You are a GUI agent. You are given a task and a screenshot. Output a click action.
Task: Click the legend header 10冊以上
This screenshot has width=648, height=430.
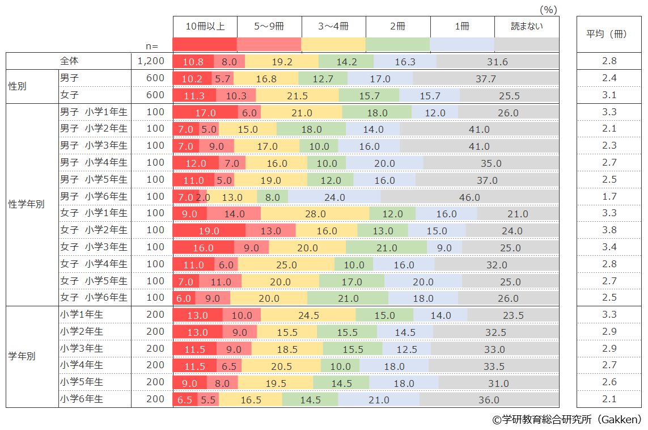tap(205, 27)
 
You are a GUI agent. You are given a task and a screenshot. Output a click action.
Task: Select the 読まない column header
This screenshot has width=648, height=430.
tap(527, 27)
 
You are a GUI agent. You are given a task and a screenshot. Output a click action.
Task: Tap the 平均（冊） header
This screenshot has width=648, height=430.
tap(606, 34)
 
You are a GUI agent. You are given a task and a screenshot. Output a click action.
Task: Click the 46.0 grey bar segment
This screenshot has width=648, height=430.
tap(469, 197)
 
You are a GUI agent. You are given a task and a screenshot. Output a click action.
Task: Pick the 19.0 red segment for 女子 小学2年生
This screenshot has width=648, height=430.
tap(209, 231)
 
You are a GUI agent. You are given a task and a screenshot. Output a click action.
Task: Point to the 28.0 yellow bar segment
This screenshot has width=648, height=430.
tap(315, 214)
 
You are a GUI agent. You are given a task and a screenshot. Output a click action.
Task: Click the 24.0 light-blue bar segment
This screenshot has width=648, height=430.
tap(334, 197)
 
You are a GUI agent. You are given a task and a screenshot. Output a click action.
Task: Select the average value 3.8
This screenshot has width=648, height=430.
tap(609, 230)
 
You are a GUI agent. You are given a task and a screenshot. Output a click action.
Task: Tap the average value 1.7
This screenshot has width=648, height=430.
tap(609, 197)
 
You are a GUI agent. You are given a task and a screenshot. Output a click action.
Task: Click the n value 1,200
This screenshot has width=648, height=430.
tap(151, 61)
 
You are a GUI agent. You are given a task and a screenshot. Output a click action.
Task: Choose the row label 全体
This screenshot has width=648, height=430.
tap(70, 61)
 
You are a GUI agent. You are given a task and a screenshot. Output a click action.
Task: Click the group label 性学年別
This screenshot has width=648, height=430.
tap(26, 205)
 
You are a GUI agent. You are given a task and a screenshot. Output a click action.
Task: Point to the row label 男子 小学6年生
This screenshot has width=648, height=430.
tap(94, 197)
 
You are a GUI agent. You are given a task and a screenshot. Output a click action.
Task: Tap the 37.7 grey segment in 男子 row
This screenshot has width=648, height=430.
tap(485, 79)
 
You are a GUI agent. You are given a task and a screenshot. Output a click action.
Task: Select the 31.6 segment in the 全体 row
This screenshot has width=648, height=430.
tap(497, 62)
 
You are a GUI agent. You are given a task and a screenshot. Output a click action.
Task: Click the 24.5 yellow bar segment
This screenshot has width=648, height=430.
tap(308, 315)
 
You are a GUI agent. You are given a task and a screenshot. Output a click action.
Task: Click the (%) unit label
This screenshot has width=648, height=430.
tap(548, 9)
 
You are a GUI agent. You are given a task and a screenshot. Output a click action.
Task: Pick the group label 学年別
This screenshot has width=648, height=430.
tap(22, 357)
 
